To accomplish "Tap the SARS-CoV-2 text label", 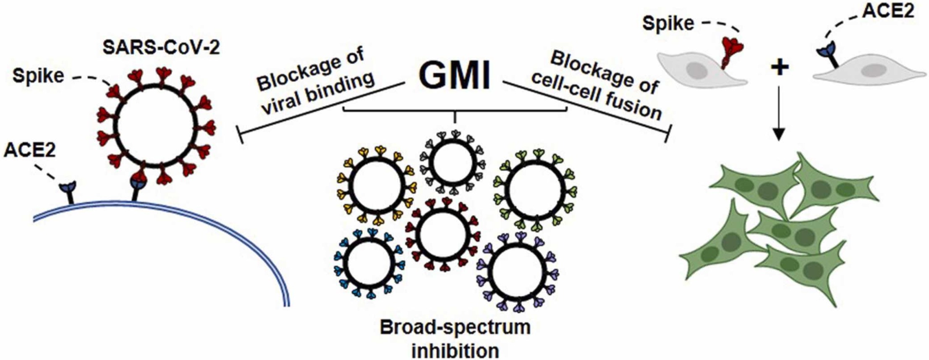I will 161,49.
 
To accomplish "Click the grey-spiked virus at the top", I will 453,162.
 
